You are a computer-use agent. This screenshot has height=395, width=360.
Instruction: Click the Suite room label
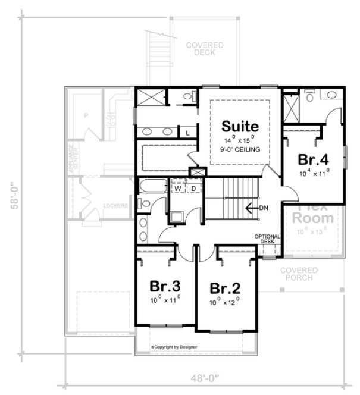[x=240, y=127]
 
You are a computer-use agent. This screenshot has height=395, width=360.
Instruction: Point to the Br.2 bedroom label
[x=225, y=289]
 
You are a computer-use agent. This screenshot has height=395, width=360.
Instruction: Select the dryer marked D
[x=194, y=189]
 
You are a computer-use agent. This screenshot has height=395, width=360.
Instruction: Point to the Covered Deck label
[x=204, y=49]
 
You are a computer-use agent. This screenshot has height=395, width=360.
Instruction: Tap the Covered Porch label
[x=300, y=274]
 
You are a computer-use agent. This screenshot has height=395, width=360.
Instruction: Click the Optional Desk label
[x=268, y=239]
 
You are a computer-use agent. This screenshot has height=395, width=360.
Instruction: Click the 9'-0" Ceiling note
[x=240, y=150]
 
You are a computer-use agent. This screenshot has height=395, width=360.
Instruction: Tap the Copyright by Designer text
[x=174, y=346]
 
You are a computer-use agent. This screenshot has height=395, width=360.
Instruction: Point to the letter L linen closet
[x=188, y=133]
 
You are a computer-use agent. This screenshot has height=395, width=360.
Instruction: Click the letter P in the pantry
[x=86, y=115]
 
